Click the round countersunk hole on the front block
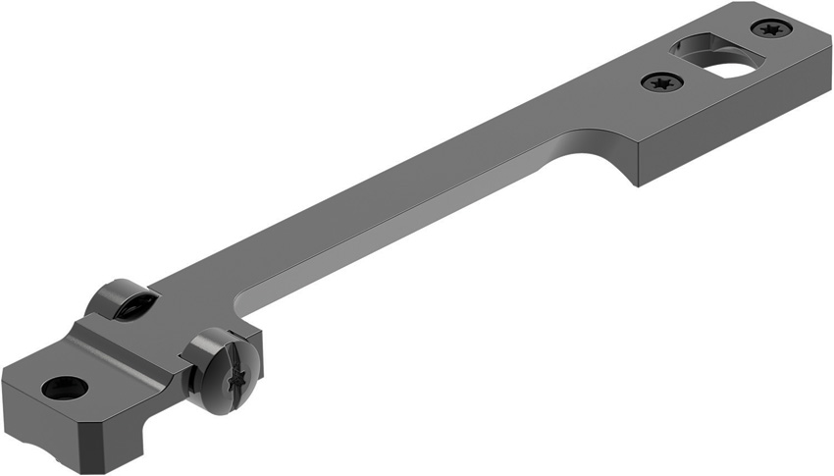click(x=65, y=388)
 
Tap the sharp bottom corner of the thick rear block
click(x=639, y=185)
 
